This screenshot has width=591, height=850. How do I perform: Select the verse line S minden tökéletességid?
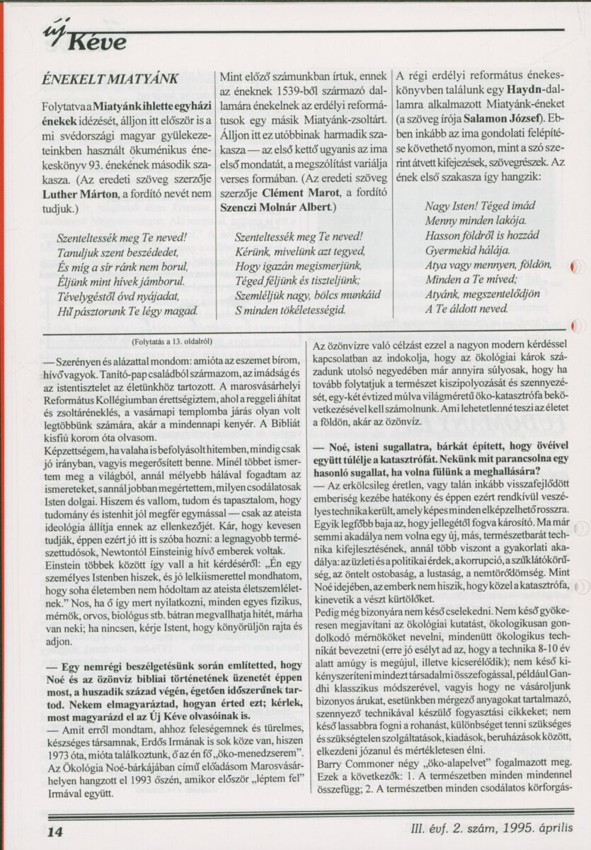290,310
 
